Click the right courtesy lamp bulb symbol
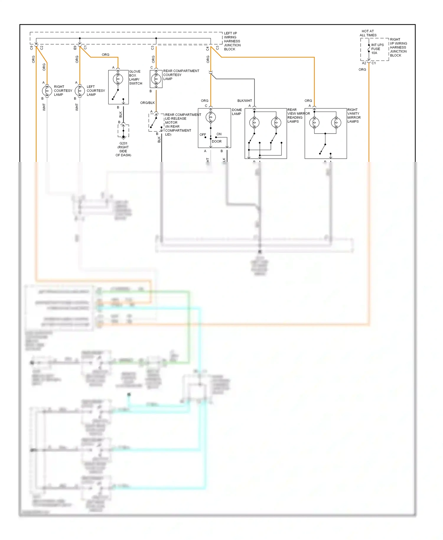click(47, 91)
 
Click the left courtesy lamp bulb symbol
click(80, 91)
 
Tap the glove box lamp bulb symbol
click(118, 79)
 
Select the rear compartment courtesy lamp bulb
click(156, 79)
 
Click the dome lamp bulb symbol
click(211, 117)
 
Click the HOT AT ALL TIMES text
click(368, 33)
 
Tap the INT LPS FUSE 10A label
click(377, 49)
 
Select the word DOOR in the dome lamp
click(216, 141)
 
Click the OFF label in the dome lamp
click(203, 135)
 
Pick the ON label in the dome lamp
click(219, 134)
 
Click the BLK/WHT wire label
click(245, 101)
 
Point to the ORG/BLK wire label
click(147, 103)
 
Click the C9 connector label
click(32, 48)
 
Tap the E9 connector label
click(75, 48)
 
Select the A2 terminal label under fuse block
click(364, 63)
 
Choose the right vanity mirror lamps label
click(354, 116)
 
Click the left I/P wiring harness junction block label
click(232, 41)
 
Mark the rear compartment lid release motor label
click(183, 124)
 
